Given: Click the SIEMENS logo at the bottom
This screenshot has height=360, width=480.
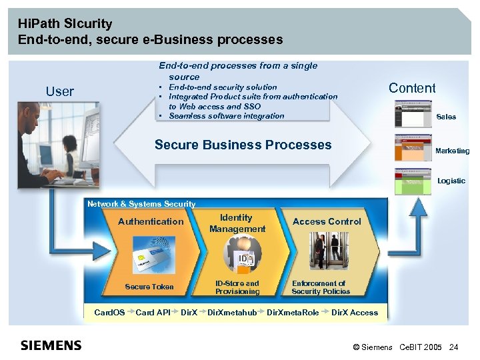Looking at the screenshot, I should [x=51, y=345].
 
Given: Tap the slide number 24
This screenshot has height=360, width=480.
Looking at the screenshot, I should [x=454, y=347].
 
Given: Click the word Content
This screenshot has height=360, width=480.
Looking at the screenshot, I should [x=412, y=88].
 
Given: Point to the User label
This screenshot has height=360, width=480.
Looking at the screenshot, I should [x=60, y=92].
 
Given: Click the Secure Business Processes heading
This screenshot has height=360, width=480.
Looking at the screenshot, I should [x=243, y=145].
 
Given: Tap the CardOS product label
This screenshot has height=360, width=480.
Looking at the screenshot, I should [x=109, y=312].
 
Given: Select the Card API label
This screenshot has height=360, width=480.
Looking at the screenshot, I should [x=153, y=312].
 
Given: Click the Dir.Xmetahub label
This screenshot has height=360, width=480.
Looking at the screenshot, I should [x=232, y=312].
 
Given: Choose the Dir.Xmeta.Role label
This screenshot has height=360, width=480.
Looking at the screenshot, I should [x=293, y=312].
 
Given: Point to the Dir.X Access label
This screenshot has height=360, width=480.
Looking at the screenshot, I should [x=355, y=312].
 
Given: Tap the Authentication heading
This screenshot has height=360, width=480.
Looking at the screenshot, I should [x=151, y=221].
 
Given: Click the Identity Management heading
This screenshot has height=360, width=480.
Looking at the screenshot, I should [x=237, y=223].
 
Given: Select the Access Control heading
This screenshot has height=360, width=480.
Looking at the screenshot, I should [x=327, y=221].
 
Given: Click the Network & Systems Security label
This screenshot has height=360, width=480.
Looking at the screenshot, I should [x=141, y=204].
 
